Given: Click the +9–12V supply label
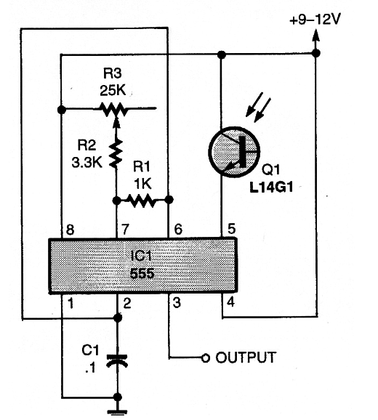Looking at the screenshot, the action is tap(315, 20).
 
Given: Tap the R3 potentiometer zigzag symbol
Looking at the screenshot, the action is tap(113, 109).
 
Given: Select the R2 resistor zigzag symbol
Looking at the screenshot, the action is tap(116, 153).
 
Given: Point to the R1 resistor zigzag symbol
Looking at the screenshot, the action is tap(142, 201).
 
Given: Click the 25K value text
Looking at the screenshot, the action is tap(113, 91).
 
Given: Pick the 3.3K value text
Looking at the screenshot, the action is tap(87, 162).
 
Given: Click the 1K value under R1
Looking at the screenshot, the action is tap(142, 184).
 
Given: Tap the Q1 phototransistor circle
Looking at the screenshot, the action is tap(234, 152).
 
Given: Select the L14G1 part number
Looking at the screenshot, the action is tap(271, 187).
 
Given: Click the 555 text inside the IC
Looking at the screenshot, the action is tap(142, 274).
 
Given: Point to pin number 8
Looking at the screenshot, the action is tap(70, 230).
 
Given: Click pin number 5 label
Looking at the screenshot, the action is tap(231, 229).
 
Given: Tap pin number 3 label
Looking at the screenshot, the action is tap(177, 303).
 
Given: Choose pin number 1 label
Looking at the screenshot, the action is tap(71, 304).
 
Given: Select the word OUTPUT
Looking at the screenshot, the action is tap(246, 358).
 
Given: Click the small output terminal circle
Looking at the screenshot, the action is tap(206, 358).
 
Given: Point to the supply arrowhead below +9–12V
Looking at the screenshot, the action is tap(316, 35).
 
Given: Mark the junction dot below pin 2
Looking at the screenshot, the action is tap(118, 318).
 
